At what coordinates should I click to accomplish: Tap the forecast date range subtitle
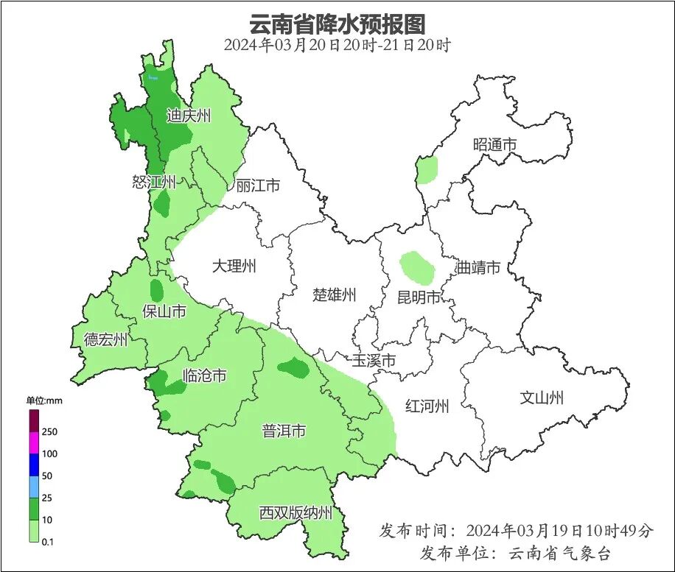[337, 45]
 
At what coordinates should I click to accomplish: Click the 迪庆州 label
[189, 116]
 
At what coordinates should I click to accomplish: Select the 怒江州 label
[154, 182]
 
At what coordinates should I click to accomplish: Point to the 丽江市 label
[258, 186]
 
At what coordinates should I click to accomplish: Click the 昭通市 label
[494, 145]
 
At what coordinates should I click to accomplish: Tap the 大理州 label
[234, 266]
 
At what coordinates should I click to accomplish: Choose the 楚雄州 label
[335, 295]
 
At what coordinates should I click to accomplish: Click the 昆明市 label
[419, 297]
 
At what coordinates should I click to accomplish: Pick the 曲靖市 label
[478, 267]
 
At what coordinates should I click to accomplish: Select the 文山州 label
[542, 398]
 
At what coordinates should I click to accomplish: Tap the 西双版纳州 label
[296, 513]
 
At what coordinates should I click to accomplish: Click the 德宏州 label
[105, 339]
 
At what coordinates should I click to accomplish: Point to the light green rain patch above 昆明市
[417, 268]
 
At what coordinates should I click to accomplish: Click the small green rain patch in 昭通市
[427, 169]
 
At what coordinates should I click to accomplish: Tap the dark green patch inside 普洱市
[294, 367]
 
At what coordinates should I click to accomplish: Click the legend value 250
[50, 431]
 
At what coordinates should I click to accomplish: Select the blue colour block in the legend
[34, 465]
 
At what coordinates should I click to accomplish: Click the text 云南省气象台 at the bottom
[560, 553]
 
